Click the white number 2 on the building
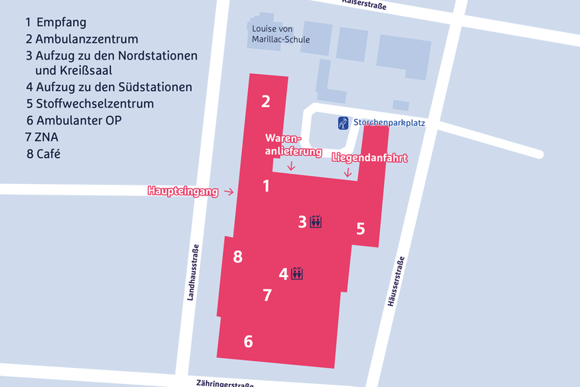point(266,102)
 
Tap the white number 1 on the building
point(266,185)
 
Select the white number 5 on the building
point(361,228)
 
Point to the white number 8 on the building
point(238,256)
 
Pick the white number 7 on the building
point(267,295)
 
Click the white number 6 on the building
point(248,341)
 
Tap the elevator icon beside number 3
point(317,222)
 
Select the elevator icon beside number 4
point(298,273)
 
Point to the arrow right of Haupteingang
point(228,192)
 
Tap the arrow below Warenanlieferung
point(291,166)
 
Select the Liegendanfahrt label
point(369,158)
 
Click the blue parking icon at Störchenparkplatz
point(343,122)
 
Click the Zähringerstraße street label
point(224,382)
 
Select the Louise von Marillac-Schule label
point(281,34)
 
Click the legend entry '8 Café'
point(43,153)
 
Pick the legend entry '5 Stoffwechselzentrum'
point(89,104)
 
